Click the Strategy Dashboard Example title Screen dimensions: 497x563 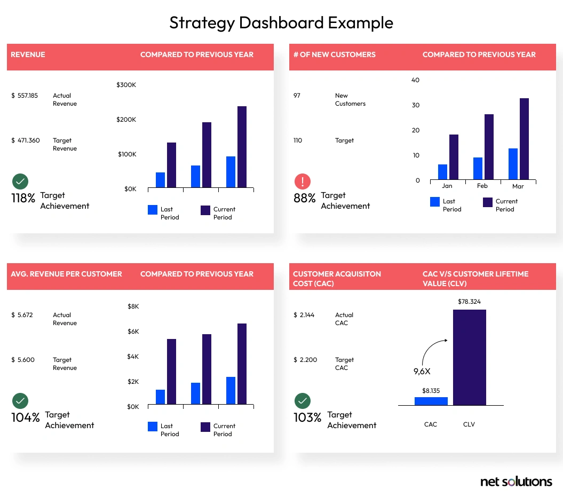point(281,22)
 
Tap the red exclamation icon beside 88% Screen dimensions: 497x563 point(302,182)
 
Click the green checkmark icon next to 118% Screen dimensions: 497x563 point(20,182)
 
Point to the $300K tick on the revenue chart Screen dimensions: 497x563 point(126,85)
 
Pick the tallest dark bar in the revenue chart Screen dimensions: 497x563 point(242,147)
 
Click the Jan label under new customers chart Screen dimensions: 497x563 point(447,186)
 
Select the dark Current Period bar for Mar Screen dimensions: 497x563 point(524,139)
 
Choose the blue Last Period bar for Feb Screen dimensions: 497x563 point(478,168)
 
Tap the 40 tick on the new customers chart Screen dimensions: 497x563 point(416,80)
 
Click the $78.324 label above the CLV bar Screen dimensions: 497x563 point(469,302)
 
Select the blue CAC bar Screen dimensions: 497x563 point(431,401)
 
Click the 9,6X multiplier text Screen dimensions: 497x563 point(422,372)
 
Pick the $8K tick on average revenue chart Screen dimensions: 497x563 point(133,306)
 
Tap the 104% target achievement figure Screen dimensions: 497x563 point(26,418)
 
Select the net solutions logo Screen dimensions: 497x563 point(516,482)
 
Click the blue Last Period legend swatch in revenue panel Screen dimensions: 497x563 point(153,210)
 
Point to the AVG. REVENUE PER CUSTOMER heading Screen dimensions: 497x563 point(66,274)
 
